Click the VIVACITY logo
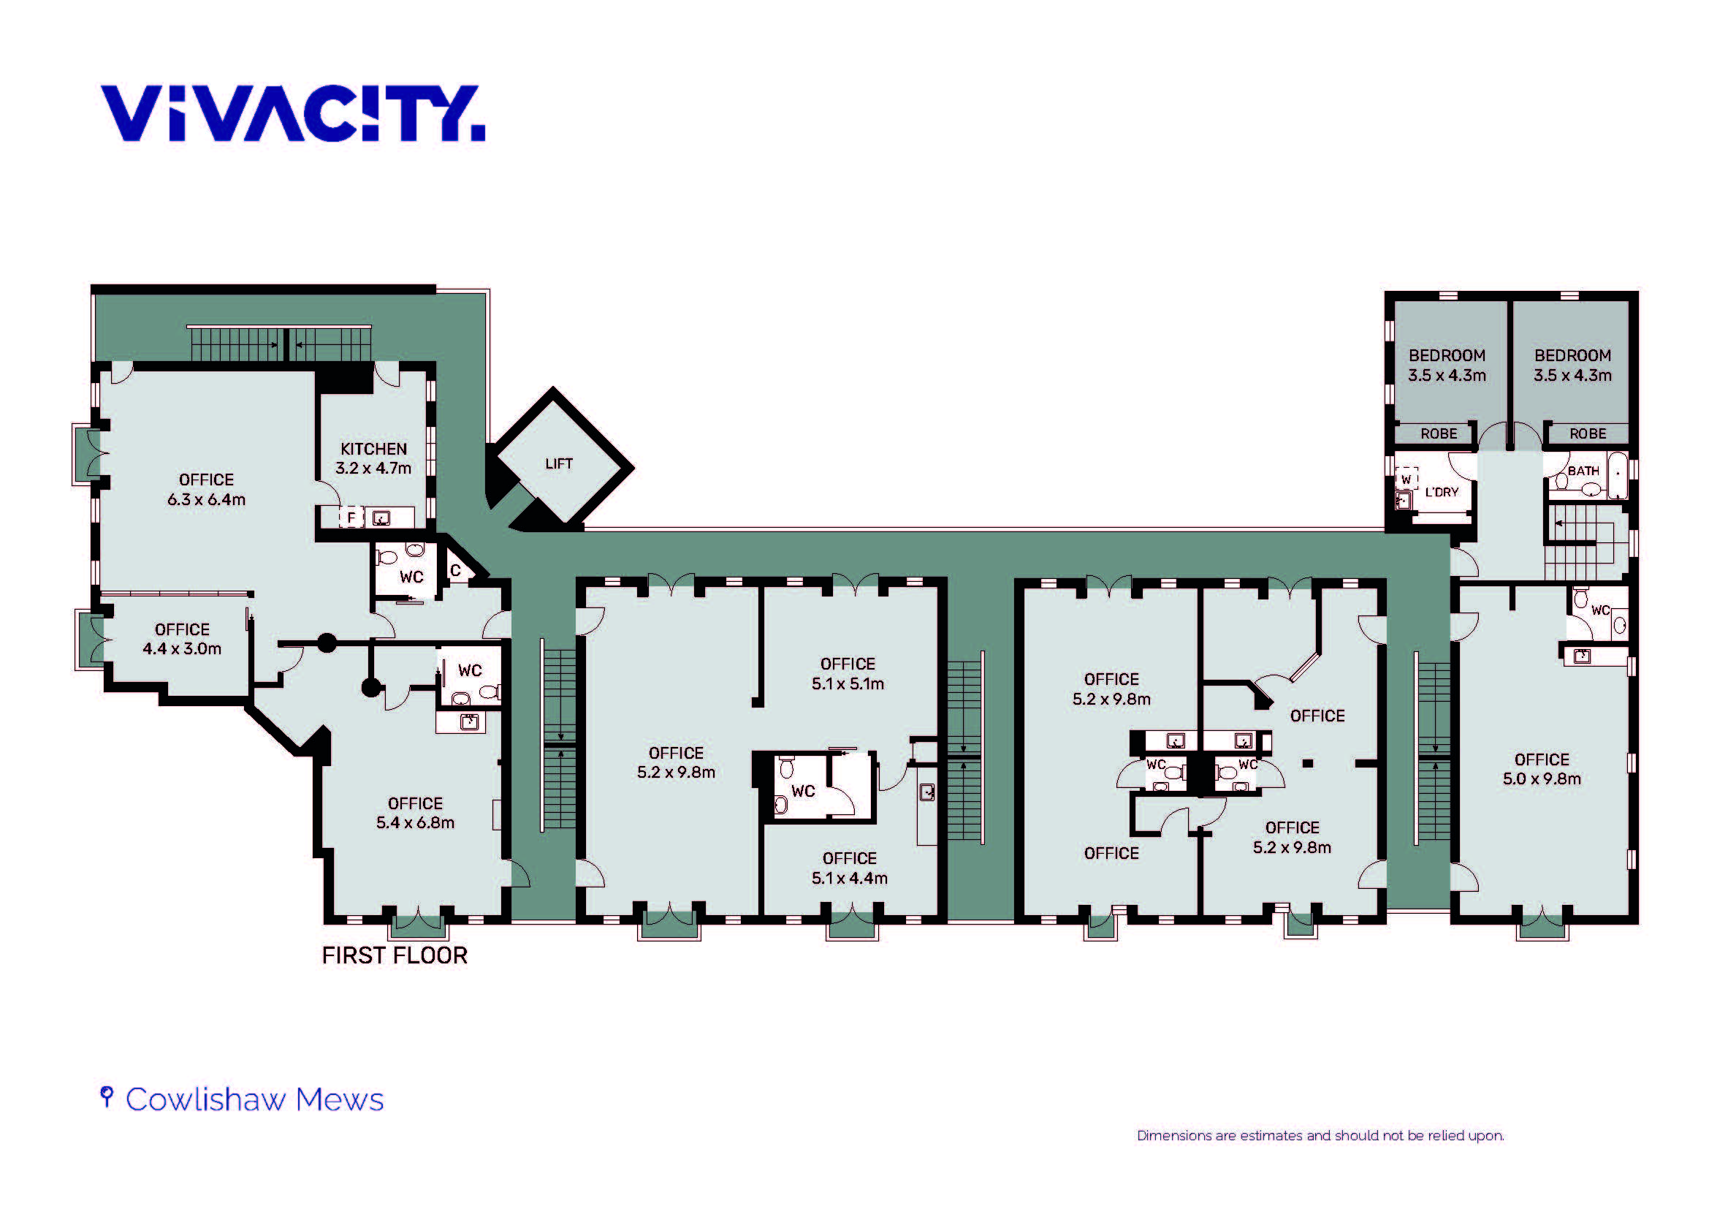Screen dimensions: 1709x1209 point(292,113)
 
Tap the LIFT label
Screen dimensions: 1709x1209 point(559,464)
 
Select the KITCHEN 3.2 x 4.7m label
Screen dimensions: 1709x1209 point(373,458)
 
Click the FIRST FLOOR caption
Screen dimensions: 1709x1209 point(395,955)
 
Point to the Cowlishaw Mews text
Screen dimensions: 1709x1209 point(254,1099)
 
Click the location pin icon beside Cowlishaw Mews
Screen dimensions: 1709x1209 point(107,1096)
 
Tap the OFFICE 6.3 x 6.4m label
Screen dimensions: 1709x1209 point(206,490)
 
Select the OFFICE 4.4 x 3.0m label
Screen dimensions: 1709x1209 point(183,639)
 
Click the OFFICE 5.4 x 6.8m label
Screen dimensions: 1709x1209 point(415,813)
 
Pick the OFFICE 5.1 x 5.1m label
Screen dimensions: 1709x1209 point(848,674)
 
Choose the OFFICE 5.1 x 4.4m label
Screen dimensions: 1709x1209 point(849,868)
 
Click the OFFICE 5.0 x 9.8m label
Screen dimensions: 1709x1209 point(1542,769)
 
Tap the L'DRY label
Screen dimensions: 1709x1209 point(1442,492)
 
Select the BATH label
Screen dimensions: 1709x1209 point(1583,471)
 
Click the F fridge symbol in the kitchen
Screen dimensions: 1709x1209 point(351,518)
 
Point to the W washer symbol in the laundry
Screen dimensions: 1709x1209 point(1406,479)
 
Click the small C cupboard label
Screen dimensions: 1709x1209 point(455,571)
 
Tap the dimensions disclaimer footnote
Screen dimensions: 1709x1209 point(1320,1135)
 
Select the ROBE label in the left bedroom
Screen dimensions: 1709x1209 point(1439,434)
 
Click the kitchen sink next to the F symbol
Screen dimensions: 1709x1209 point(381,518)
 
